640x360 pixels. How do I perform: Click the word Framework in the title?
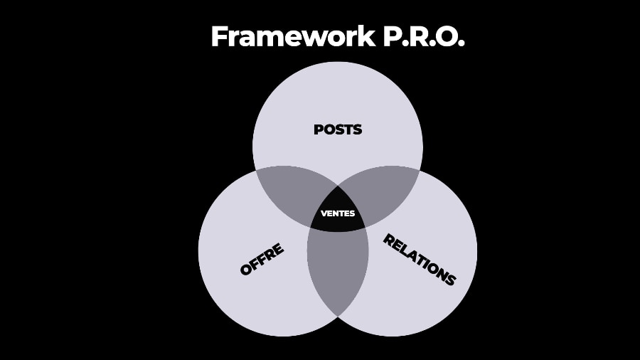(292, 37)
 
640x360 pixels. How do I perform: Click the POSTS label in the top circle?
(338, 129)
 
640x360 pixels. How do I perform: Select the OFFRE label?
(262, 259)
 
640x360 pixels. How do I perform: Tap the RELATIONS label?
(419, 259)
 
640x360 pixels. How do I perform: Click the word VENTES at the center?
(338, 213)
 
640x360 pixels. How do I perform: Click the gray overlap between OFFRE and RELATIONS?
(338, 270)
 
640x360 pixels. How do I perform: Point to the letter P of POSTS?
(319, 129)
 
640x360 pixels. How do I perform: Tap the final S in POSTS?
(358, 129)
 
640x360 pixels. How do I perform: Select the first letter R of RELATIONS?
(388, 239)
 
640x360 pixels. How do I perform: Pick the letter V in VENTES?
(324, 213)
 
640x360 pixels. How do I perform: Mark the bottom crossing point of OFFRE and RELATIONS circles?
(338, 315)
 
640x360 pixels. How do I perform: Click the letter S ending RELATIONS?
(450, 280)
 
